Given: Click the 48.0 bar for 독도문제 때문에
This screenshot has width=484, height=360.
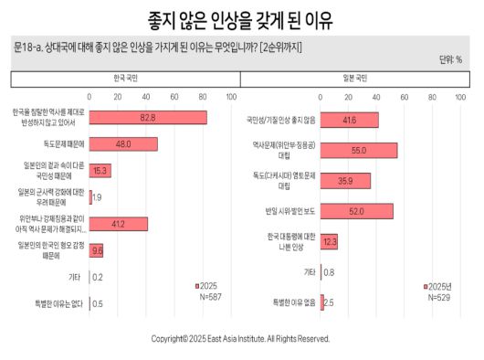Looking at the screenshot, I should click(x=123, y=143).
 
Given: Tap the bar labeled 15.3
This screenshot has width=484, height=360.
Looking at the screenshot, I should click(x=100, y=170).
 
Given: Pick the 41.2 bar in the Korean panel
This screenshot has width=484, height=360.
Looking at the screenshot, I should click(x=119, y=223).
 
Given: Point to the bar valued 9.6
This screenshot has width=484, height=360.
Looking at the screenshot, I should click(x=96, y=249).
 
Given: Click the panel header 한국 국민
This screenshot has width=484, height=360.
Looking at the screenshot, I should click(x=122, y=79).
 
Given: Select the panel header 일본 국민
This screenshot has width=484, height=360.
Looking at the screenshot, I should click(x=354, y=79).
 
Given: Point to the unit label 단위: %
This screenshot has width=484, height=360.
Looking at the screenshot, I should click(x=450, y=59).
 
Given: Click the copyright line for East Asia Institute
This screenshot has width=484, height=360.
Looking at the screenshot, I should click(x=240, y=337).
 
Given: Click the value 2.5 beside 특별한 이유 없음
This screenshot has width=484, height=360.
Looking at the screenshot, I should click(x=329, y=302).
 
